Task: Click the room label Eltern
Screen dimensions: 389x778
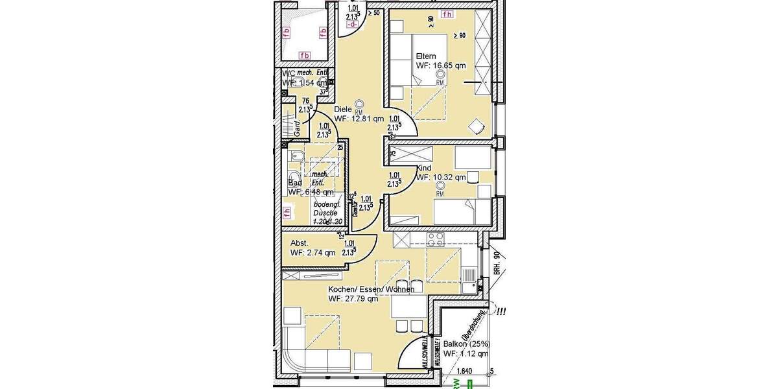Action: tap(427, 56)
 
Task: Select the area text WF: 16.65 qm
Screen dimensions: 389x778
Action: tap(440, 65)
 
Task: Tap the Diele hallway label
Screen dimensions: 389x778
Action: tap(343, 110)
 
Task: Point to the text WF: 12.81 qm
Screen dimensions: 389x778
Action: tap(359, 119)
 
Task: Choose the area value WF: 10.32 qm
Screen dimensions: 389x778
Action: tap(441, 177)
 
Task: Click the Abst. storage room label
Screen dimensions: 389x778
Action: tap(299, 243)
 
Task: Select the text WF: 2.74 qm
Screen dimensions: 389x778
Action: tap(312, 253)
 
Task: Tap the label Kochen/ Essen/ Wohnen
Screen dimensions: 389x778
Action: tap(371, 289)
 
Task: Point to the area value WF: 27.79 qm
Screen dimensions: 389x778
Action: tap(353, 299)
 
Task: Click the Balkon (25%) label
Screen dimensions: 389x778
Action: tap(466, 344)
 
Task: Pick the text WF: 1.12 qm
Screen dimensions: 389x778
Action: tap(466, 354)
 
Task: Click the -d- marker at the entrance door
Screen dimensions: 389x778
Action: tap(353, 25)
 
